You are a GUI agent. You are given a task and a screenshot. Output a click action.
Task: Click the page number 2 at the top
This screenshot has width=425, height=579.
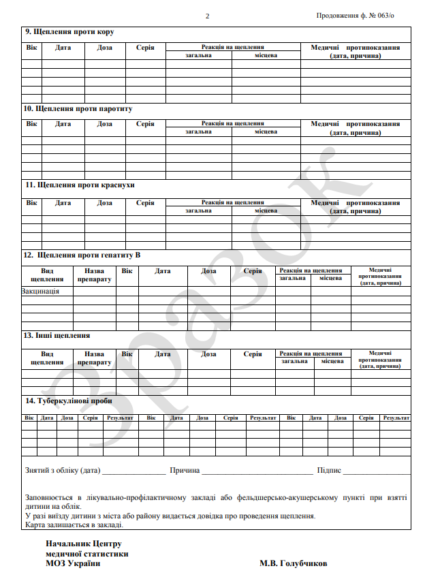pyautogui.click(x=208, y=16)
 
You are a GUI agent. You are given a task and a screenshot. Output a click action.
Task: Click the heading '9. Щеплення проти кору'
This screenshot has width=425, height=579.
pyautogui.click(x=69, y=32)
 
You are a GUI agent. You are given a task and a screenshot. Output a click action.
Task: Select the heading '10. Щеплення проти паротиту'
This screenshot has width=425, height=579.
pyautogui.click(x=78, y=108)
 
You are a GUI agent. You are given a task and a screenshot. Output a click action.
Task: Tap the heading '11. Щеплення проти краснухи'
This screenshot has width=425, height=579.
pyautogui.click(x=78, y=185)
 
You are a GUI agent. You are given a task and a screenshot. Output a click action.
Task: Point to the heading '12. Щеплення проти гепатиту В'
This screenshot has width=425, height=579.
pyautogui.click(x=82, y=255)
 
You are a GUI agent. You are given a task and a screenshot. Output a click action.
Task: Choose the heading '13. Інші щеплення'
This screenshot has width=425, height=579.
pyautogui.click(x=57, y=336)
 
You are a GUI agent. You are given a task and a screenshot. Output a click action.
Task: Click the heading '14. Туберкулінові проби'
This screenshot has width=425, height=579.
pyautogui.click(x=68, y=401)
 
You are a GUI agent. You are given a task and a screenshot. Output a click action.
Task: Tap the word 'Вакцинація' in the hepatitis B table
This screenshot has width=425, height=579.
pyautogui.click(x=40, y=292)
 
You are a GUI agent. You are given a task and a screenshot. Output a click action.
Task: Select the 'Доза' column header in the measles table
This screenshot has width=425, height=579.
pyautogui.click(x=105, y=48)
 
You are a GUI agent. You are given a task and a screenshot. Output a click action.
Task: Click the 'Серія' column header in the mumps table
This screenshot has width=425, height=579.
pyautogui.click(x=145, y=124)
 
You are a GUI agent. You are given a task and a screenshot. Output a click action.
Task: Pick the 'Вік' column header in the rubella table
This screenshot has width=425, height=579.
pyautogui.click(x=31, y=203)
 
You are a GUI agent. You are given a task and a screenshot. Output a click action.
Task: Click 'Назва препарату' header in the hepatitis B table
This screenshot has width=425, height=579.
pyautogui.click(x=94, y=275)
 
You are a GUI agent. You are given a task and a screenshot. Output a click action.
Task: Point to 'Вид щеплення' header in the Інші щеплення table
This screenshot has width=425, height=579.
pyautogui.click(x=47, y=358)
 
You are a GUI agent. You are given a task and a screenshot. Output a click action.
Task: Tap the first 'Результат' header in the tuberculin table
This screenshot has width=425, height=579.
pyautogui.click(x=119, y=417)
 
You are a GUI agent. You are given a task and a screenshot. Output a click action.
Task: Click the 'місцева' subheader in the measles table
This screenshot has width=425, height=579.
pyautogui.click(x=266, y=55)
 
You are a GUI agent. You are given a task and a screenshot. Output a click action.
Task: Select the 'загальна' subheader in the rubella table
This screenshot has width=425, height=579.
pyautogui.click(x=199, y=210)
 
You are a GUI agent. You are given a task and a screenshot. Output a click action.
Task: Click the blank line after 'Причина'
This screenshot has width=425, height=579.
pyautogui.click(x=257, y=471)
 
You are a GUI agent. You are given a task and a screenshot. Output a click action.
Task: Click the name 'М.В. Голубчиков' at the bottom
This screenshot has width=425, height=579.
pyautogui.click(x=293, y=564)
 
